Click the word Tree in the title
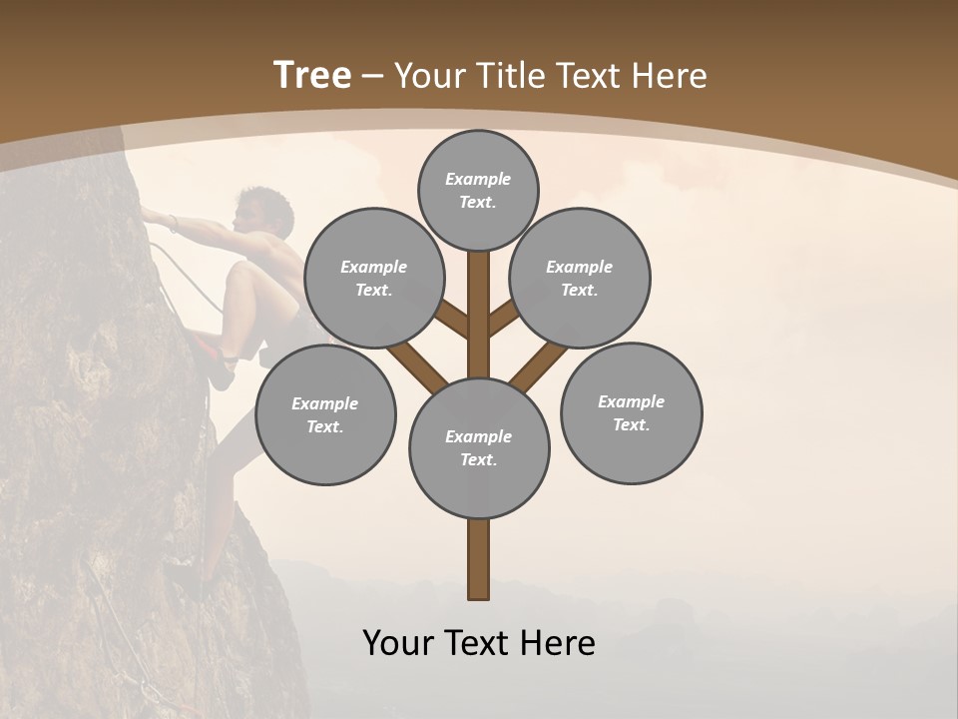tap(312, 76)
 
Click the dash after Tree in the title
tap(373, 77)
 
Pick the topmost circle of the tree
tap(478, 190)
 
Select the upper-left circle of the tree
tap(373, 278)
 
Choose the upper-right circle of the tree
tap(579, 278)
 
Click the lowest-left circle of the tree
tap(325, 414)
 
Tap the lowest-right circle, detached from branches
tap(631, 412)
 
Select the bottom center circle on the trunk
tap(478, 447)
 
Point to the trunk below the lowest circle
tap(478, 559)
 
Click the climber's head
tap(257, 208)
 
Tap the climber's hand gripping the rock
tap(150, 213)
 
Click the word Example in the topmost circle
tap(478, 179)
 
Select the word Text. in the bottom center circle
tap(478, 459)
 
